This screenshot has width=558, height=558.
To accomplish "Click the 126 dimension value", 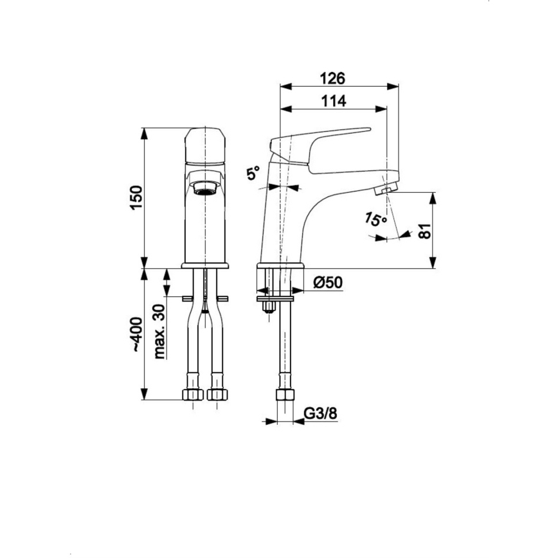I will point(334,78).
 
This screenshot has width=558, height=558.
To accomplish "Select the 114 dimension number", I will point(334,100).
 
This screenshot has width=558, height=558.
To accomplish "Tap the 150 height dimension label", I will point(133,197).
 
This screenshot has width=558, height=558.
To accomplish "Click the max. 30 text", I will point(159,331).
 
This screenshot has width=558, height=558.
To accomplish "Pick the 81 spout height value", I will point(424,230).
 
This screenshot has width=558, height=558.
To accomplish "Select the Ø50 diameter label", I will point(327,283).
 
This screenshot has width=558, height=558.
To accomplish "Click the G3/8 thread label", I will point(319,413).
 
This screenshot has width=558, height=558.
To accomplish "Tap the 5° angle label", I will point(253,173).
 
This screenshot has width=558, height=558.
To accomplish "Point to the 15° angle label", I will point(375,219).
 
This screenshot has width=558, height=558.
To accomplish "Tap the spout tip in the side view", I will point(386,189).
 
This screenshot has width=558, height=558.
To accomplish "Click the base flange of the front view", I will point(205,265).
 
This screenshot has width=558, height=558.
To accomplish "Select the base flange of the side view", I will point(280,265).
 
